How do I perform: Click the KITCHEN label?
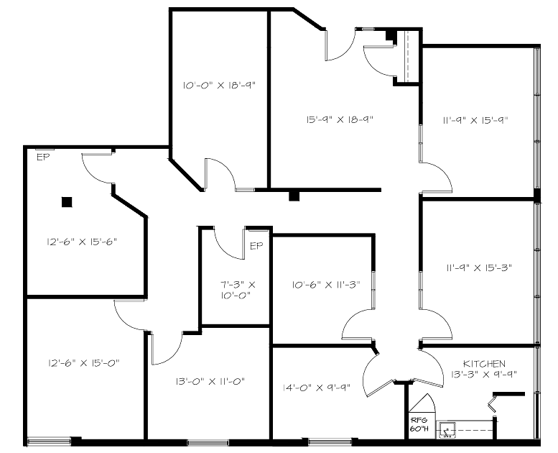pyautogui.click(x=484, y=364)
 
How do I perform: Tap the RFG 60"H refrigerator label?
pyautogui.click(x=417, y=424)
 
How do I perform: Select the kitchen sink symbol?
pyautogui.click(x=447, y=429)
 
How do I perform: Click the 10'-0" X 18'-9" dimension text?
pyautogui.click(x=219, y=85)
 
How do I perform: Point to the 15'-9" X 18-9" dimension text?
pyautogui.click(x=340, y=119)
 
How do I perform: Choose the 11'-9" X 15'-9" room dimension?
pyautogui.click(x=475, y=120)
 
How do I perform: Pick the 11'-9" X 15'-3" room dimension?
pyautogui.click(x=479, y=267)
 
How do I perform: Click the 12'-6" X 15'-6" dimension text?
pyautogui.click(x=82, y=242)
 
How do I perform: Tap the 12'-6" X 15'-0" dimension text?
pyautogui.click(x=83, y=363)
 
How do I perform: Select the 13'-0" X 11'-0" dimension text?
pyautogui.click(x=210, y=381)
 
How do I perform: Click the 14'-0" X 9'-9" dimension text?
pyautogui.click(x=317, y=388)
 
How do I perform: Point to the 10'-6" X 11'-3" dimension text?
pyautogui.click(x=326, y=285)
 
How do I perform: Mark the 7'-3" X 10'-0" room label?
pyautogui.click(x=238, y=290)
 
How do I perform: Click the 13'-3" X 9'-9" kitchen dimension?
pyautogui.click(x=484, y=374)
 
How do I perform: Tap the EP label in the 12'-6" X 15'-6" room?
pyautogui.click(x=43, y=157)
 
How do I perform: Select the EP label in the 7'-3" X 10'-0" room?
pyautogui.click(x=256, y=246)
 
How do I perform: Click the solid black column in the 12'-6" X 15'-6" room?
pyautogui.click(x=67, y=202)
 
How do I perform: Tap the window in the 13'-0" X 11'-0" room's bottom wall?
pyautogui.click(x=208, y=443)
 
